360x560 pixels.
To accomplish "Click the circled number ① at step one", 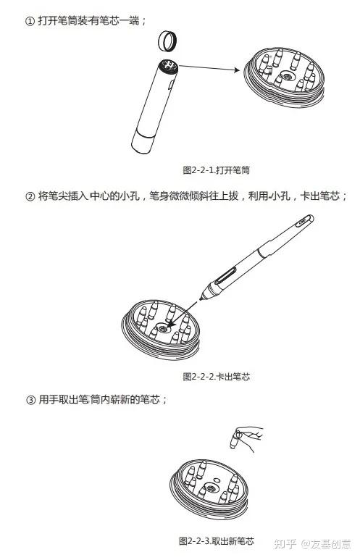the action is click(x=29, y=22).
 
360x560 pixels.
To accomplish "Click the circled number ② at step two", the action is click(x=30, y=197).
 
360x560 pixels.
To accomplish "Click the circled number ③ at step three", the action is click(x=31, y=400).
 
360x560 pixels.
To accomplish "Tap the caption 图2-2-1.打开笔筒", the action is click(x=216, y=170).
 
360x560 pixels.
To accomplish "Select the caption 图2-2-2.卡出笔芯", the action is click(x=216, y=377).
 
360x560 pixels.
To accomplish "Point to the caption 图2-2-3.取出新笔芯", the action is click(x=217, y=541).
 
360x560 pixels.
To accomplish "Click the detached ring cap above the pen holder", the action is click(x=167, y=41).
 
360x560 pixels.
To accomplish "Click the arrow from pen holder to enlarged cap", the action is click(x=209, y=68).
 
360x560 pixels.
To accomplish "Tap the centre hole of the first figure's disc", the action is click(x=286, y=76).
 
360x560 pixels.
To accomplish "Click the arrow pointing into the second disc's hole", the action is click(x=182, y=314).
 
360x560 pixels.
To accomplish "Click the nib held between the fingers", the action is click(x=235, y=440).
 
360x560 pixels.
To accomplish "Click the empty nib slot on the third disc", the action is click(x=216, y=479).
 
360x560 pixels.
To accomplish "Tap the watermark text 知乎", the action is click(x=285, y=544).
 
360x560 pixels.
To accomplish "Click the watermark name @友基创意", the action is click(x=326, y=544).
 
